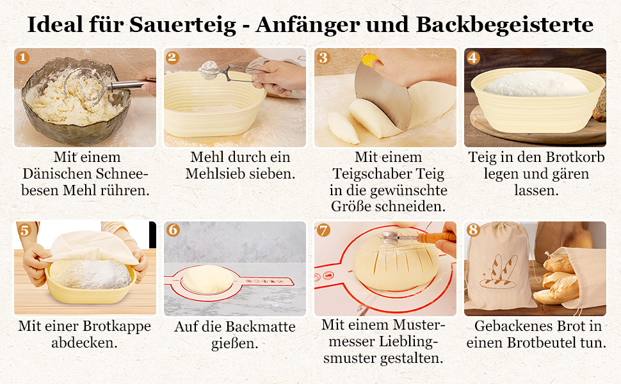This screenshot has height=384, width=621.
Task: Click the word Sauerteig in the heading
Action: click(182, 24)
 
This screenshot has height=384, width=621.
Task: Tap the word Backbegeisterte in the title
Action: click(505, 24)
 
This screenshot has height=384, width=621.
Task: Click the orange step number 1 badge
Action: click(22, 58)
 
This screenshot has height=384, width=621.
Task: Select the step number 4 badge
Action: click(473, 58)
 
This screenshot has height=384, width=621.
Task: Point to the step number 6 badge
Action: click(173, 230)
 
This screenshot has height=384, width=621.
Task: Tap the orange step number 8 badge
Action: click(473, 230)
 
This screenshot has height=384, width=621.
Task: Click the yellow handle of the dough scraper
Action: click(370, 60)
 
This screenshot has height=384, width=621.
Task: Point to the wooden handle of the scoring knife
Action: click(438, 237)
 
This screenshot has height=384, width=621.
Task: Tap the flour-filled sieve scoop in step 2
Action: click(209, 70)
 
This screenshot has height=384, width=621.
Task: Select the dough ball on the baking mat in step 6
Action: click(207, 279)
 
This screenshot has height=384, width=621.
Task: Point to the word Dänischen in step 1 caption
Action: click(57, 174)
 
